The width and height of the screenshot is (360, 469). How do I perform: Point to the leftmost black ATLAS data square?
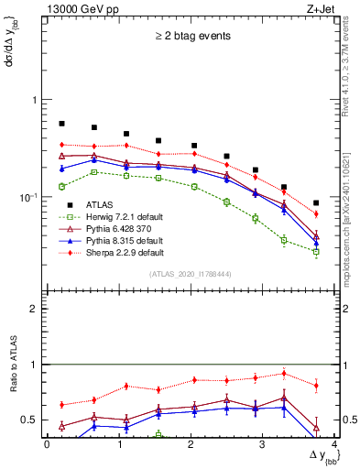click(x=61, y=123)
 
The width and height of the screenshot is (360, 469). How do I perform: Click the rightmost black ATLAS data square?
click(x=316, y=203)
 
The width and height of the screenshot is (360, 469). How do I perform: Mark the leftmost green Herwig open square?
click(x=61, y=186)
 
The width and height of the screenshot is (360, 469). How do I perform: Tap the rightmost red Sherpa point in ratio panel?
click(x=316, y=386)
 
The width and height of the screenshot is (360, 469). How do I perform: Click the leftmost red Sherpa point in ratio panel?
click(x=61, y=404)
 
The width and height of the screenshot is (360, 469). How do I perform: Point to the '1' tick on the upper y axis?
click(x=35, y=100)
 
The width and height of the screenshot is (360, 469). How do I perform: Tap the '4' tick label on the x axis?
click(x=334, y=443)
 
